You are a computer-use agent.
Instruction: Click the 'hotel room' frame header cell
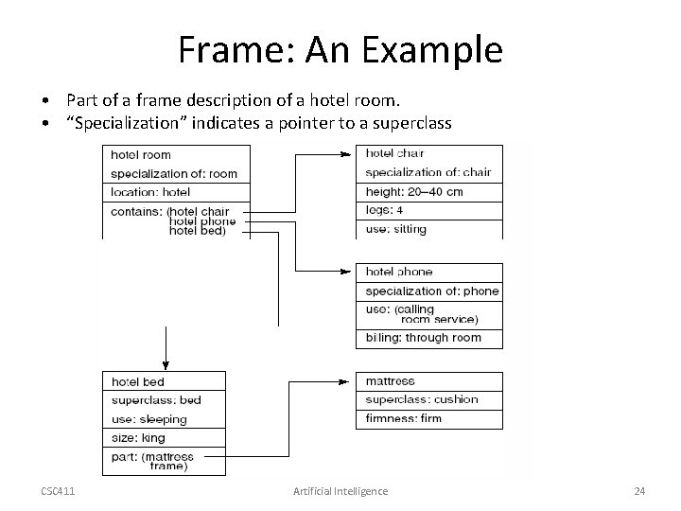coord(177,154)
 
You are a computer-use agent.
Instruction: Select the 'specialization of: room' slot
coord(177,173)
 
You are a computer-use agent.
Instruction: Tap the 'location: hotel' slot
coord(177,192)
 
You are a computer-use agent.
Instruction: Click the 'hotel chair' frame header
coord(429,153)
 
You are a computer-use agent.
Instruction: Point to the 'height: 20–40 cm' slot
coord(429,191)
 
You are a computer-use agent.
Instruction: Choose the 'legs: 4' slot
coord(429,210)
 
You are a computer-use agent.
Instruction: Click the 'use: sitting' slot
coord(429,229)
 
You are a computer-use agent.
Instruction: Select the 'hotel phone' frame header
coord(429,273)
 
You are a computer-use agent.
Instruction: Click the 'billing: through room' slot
coord(429,338)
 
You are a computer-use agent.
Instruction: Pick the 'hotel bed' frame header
coord(165,381)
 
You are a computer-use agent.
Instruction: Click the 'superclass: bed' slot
coord(165,400)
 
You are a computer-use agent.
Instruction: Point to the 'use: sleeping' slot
coord(165,419)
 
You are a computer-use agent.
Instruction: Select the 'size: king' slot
coord(165,438)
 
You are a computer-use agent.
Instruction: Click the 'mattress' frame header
coord(429,381)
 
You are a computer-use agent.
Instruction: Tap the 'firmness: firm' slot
coord(429,417)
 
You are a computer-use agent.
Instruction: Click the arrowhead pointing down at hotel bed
coord(166,364)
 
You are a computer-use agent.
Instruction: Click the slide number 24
coord(639,491)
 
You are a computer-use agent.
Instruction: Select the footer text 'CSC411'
coord(60,491)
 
